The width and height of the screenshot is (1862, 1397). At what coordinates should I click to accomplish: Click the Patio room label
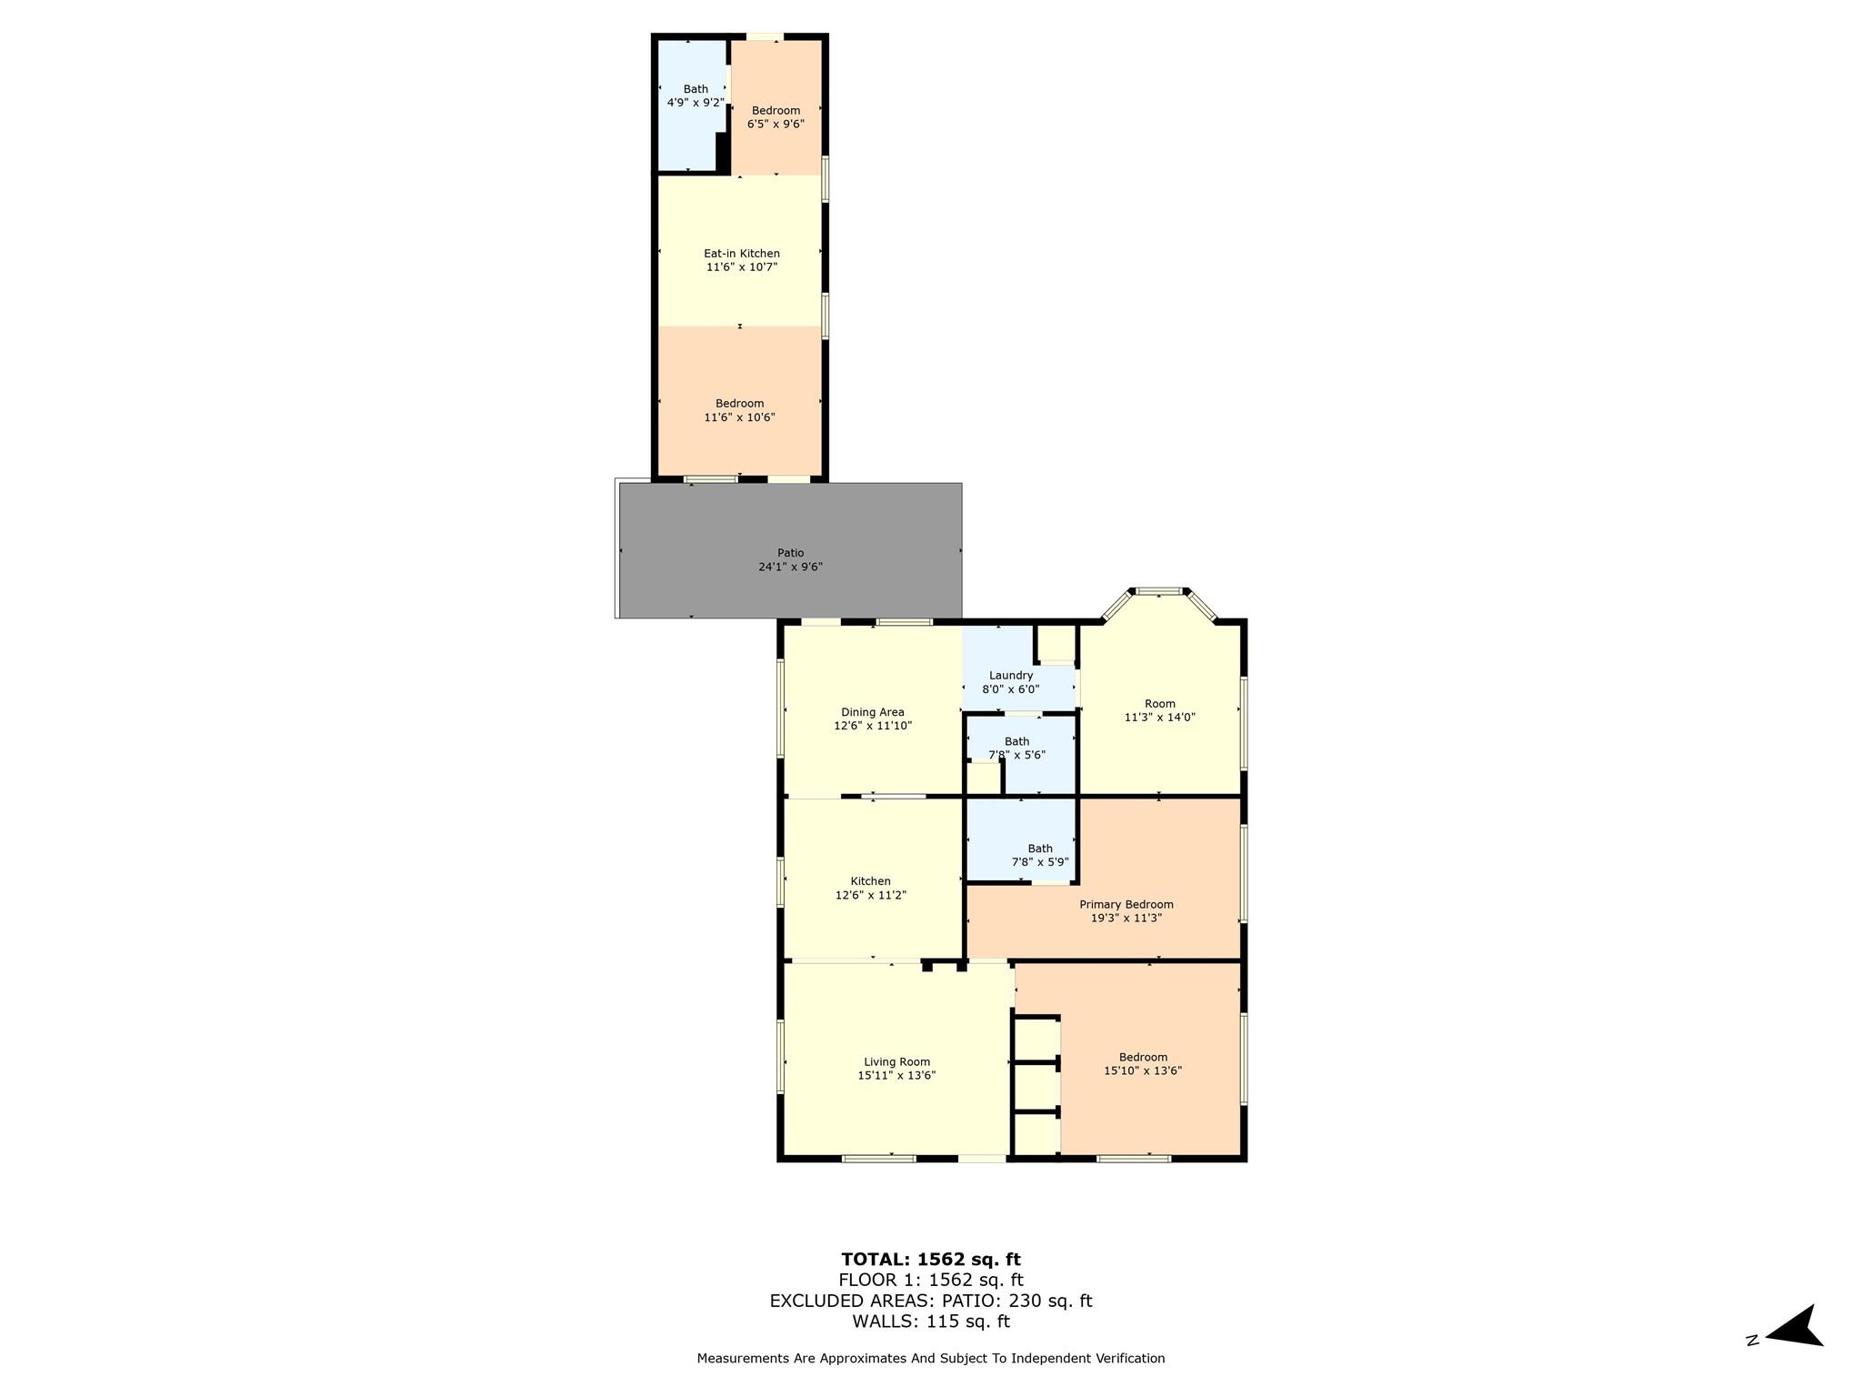pyautogui.click(x=790, y=553)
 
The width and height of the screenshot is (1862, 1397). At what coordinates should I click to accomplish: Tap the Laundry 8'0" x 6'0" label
pyautogui.click(x=1010, y=683)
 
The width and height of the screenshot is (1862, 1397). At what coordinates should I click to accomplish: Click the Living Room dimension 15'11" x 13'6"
pyautogui.click(x=896, y=1075)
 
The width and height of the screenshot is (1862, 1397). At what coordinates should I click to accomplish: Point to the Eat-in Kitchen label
pyautogui.click(x=741, y=260)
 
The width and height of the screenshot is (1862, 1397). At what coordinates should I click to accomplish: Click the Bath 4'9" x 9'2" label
pyautogui.click(x=696, y=95)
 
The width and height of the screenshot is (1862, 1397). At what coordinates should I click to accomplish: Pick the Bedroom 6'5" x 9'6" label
pyautogui.click(x=776, y=117)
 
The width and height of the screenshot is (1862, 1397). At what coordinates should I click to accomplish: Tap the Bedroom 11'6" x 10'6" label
pyautogui.click(x=739, y=410)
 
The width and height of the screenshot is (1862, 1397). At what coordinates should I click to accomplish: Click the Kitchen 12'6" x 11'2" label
pyautogui.click(x=870, y=888)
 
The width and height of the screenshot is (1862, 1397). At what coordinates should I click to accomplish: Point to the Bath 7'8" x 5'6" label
pyautogui.click(x=1016, y=748)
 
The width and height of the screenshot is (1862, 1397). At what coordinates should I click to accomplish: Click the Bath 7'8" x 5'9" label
pyautogui.click(x=1039, y=855)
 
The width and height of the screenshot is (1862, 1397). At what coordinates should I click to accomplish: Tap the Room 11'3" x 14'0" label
pyautogui.click(x=1159, y=710)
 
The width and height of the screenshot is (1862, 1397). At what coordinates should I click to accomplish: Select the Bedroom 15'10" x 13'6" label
pyautogui.click(x=1143, y=1064)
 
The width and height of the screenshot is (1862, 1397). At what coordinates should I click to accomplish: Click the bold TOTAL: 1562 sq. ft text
pyautogui.click(x=930, y=1260)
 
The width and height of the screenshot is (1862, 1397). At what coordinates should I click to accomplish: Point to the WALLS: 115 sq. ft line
pyautogui.click(x=930, y=1322)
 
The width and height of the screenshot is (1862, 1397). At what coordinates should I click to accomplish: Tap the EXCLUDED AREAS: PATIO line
pyautogui.click(x=930, y=1301)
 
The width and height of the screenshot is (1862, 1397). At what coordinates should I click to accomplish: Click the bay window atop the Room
pyautogui.click(x=1158, y=592)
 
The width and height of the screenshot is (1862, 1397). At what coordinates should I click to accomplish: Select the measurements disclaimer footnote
pyautogui.click(x=930, y=1359)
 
